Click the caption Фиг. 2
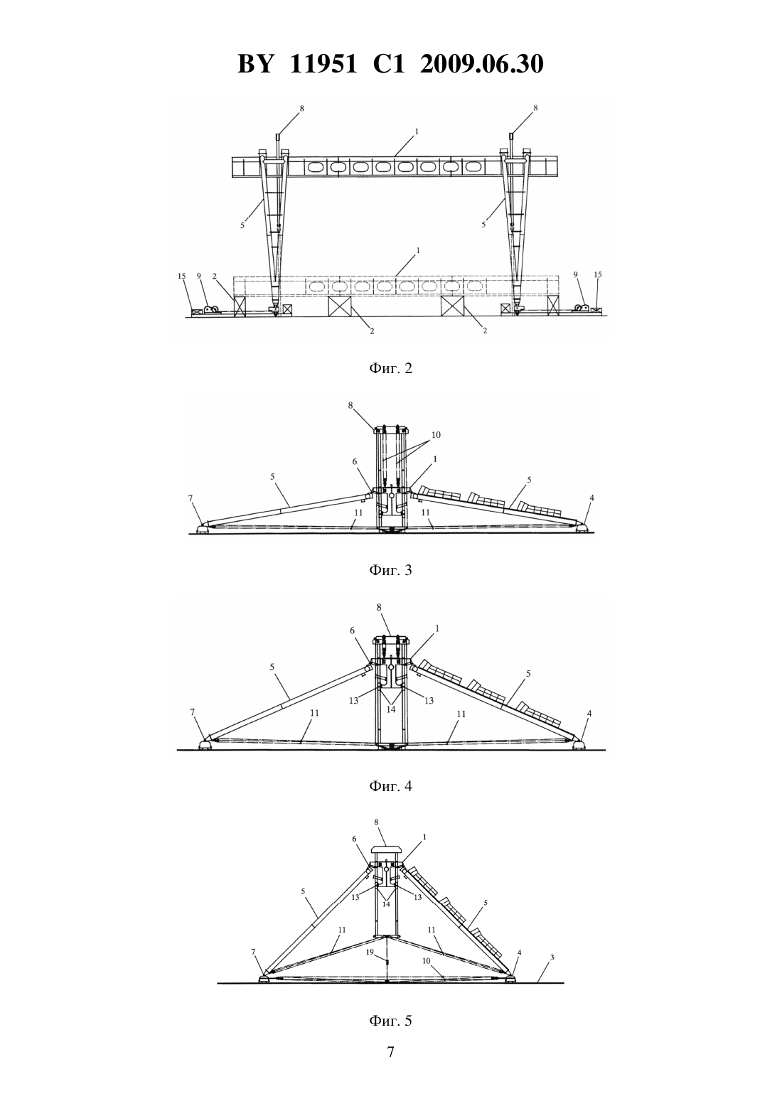390,368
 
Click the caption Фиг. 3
390,570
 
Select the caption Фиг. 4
390,785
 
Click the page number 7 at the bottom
390,1052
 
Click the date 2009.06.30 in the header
482,64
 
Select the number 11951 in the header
323,64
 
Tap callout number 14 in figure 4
391,709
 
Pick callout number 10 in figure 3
436,435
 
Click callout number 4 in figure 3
591,498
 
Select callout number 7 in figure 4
193,712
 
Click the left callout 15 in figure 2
182,276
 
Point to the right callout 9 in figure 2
577,274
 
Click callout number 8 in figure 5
376,822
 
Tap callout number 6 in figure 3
354,461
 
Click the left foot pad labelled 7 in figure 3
203,530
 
